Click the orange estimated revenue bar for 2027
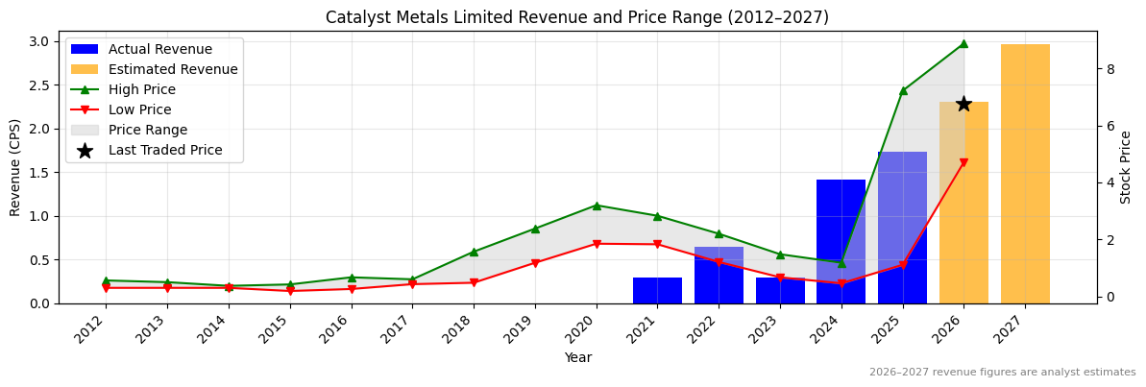[1025, 174]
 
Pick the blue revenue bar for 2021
[657, 290]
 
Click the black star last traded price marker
[963, 104]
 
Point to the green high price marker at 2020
[597, 206]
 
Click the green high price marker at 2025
[903, 90]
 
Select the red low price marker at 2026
[963, 163]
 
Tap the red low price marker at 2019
[535, 263]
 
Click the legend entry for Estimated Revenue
[173, 69]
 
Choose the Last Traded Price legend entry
[165, 150]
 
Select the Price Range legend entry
[148, 130]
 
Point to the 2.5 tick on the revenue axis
[40, 85]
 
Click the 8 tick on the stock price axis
[1110, 69]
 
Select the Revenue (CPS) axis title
[15, 167]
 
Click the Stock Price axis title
[1127, 167]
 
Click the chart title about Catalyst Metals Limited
[576, 17]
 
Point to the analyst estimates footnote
[1002, 373]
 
